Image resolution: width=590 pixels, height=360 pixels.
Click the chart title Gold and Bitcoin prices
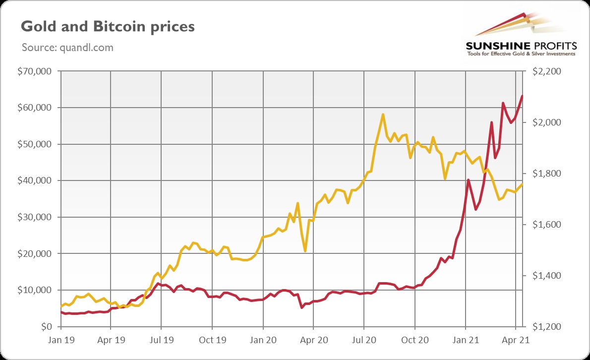click(108, 26)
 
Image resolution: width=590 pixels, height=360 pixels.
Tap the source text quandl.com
click(67, 48)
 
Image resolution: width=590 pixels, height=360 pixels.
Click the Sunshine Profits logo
click(521, 35)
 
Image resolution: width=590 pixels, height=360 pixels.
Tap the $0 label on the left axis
click(46, 327)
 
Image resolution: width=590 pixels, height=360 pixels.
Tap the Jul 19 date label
click(161, 341)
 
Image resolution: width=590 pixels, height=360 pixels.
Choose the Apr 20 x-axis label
click(313, 341)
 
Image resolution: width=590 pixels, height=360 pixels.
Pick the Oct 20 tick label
click(414, 341)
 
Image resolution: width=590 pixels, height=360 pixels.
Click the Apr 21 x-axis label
click(516, 341)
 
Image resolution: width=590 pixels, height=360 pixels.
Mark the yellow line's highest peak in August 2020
click(383, 115)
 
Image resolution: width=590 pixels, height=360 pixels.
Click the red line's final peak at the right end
click(522, 96)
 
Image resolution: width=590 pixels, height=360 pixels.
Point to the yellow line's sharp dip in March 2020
click(305, 251)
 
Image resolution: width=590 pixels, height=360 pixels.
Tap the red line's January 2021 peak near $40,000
click(469, 180)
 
